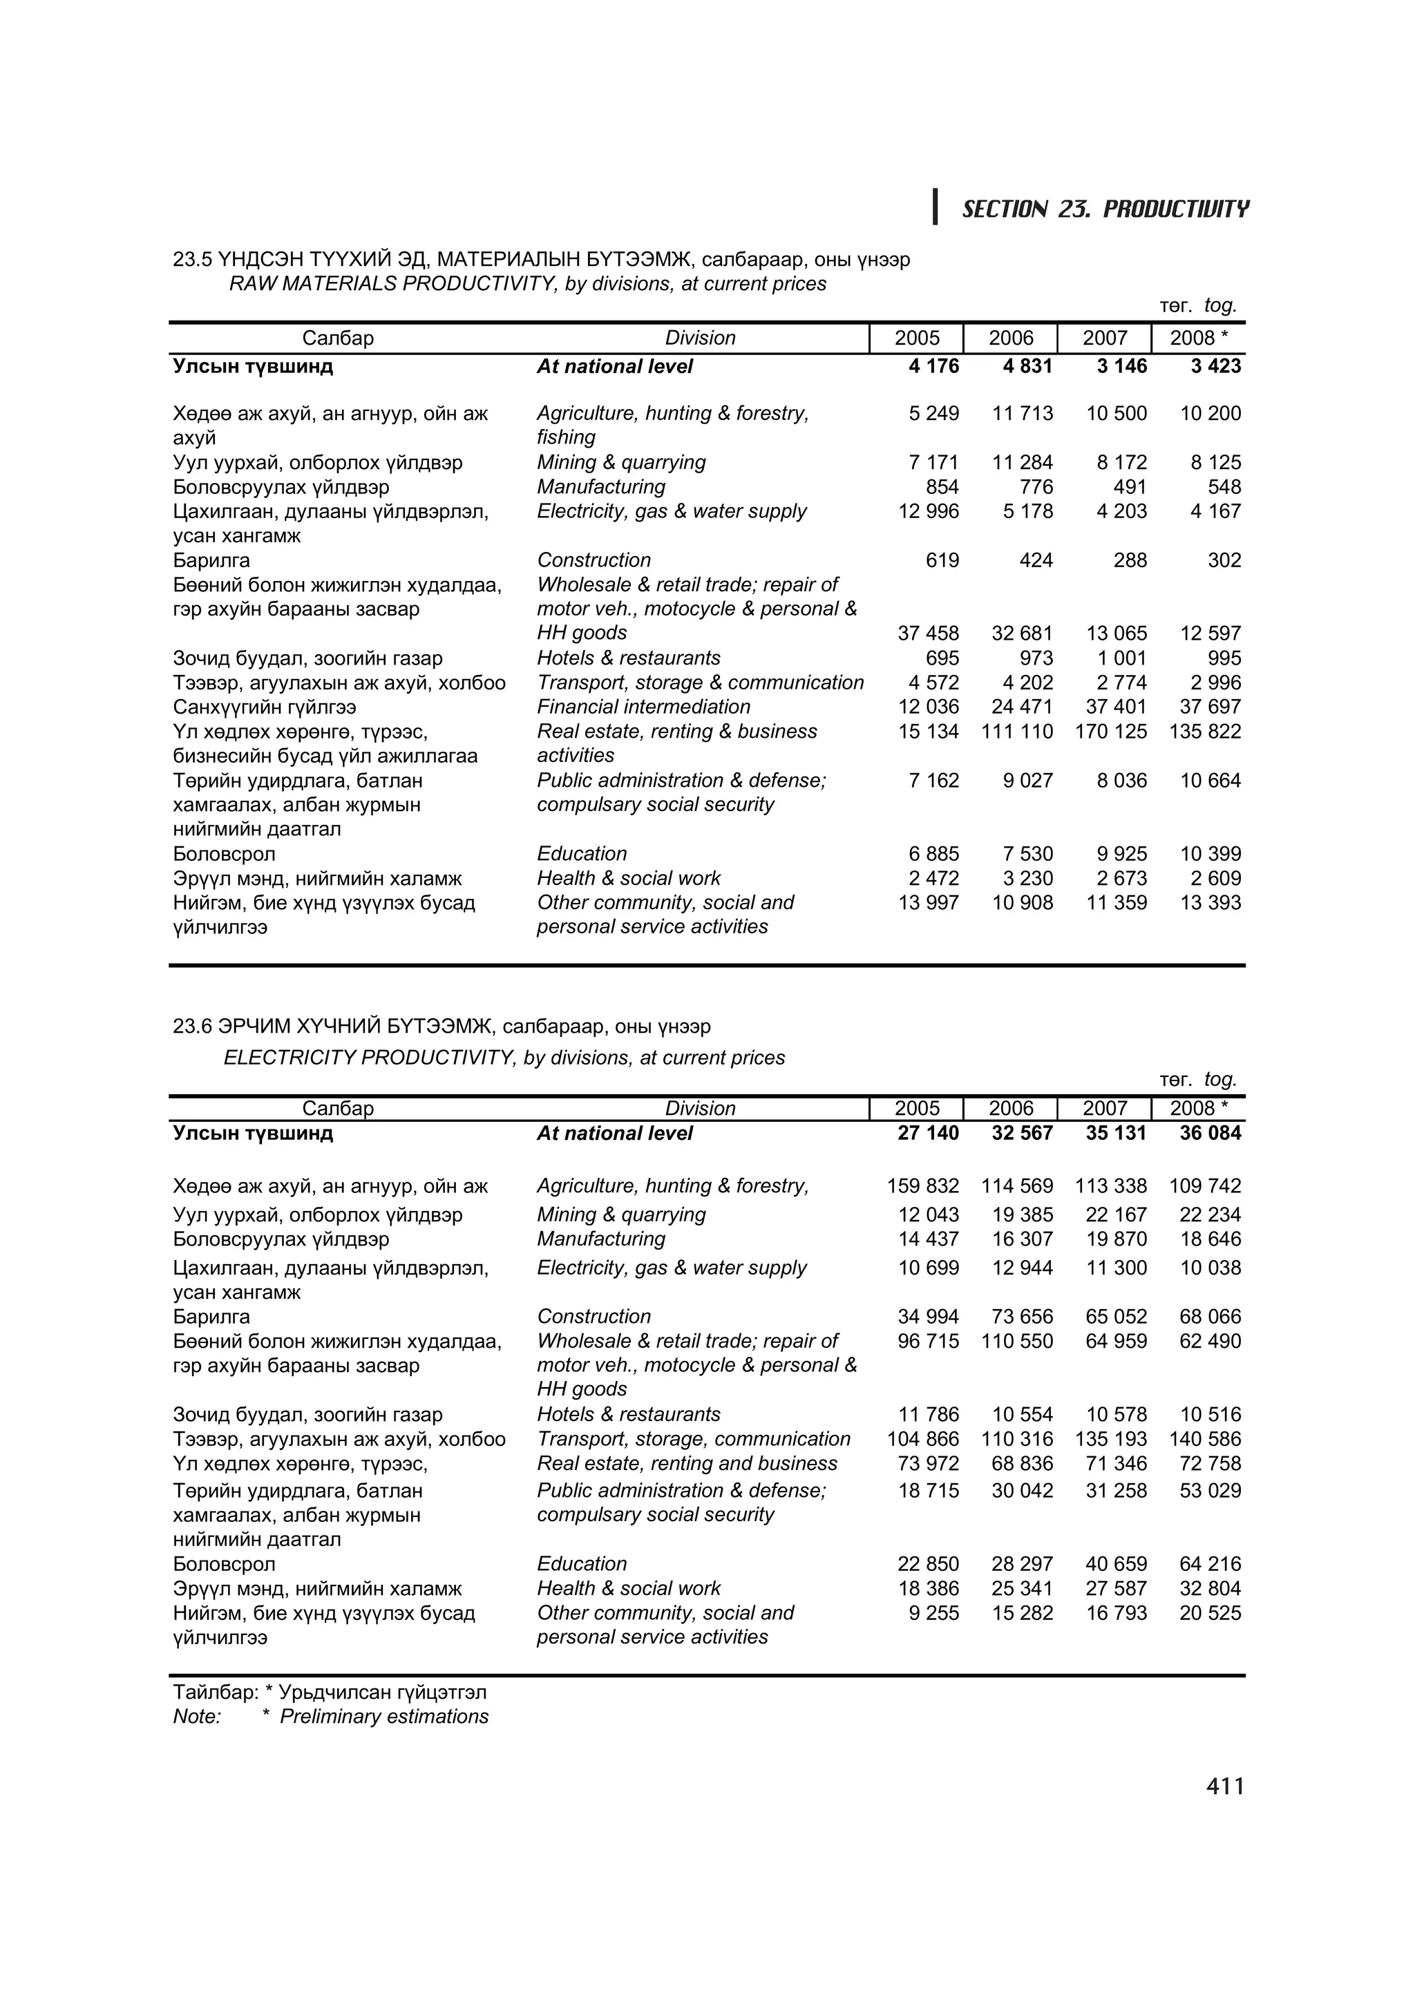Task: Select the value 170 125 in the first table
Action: tap(1111, 732)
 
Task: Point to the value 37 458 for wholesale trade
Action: tap(928, 633)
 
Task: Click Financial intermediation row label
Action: tap(643, 707)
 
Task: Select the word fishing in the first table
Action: tap(566, 438)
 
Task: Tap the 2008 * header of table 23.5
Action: tap(1198, 339)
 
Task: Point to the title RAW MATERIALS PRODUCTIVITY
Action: tap(527, 284)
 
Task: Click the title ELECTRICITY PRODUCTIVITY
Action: tap(504, 1058)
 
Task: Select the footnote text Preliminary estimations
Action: tap(383, 1716)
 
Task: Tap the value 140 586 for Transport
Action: tap(1205, 1439)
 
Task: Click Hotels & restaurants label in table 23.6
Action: tap(629, 1414)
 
